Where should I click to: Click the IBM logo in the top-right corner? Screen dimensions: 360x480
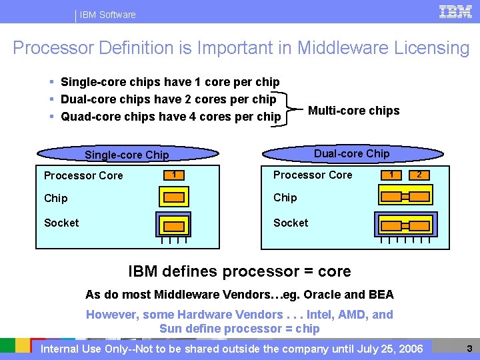[456, 12]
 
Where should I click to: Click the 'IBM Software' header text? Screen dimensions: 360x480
[107, 15]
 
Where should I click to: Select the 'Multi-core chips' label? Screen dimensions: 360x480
[353, 111]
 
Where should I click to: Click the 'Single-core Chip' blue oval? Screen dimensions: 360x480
[127, 155]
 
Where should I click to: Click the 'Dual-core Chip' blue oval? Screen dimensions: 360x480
[351, 153]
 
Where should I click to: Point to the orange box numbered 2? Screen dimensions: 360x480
[419, 175]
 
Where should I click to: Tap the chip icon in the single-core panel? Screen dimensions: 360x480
[175, 197]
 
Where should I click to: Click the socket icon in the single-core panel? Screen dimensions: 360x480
[175, 224]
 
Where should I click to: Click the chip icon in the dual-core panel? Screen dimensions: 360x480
[405, 196]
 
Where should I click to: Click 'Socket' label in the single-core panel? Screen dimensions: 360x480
[61, 223]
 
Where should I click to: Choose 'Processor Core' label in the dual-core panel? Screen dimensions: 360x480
[313, 175]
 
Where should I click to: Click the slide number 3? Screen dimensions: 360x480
[469, 348]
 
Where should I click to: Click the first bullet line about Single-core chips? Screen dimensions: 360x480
[170, 82]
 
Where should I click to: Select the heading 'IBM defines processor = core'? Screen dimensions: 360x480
[239, 271]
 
